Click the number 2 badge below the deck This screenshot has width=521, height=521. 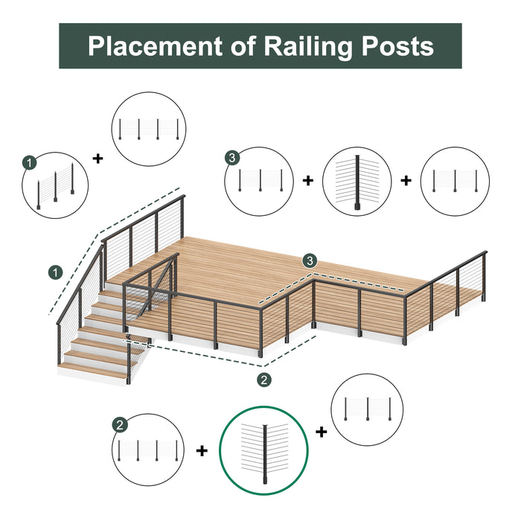click(263, 380)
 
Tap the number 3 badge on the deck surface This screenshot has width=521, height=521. click(309, 261)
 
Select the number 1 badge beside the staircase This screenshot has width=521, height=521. click(54, 272)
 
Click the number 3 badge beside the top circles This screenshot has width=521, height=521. click(233, 157)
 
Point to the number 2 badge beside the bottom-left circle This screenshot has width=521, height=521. click(120, 425)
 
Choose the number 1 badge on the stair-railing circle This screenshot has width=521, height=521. click(29, 162)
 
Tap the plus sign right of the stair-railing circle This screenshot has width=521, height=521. click(97, 158)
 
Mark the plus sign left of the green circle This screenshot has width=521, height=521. click(202, 450)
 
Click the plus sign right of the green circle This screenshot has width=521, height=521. click(322, 432)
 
